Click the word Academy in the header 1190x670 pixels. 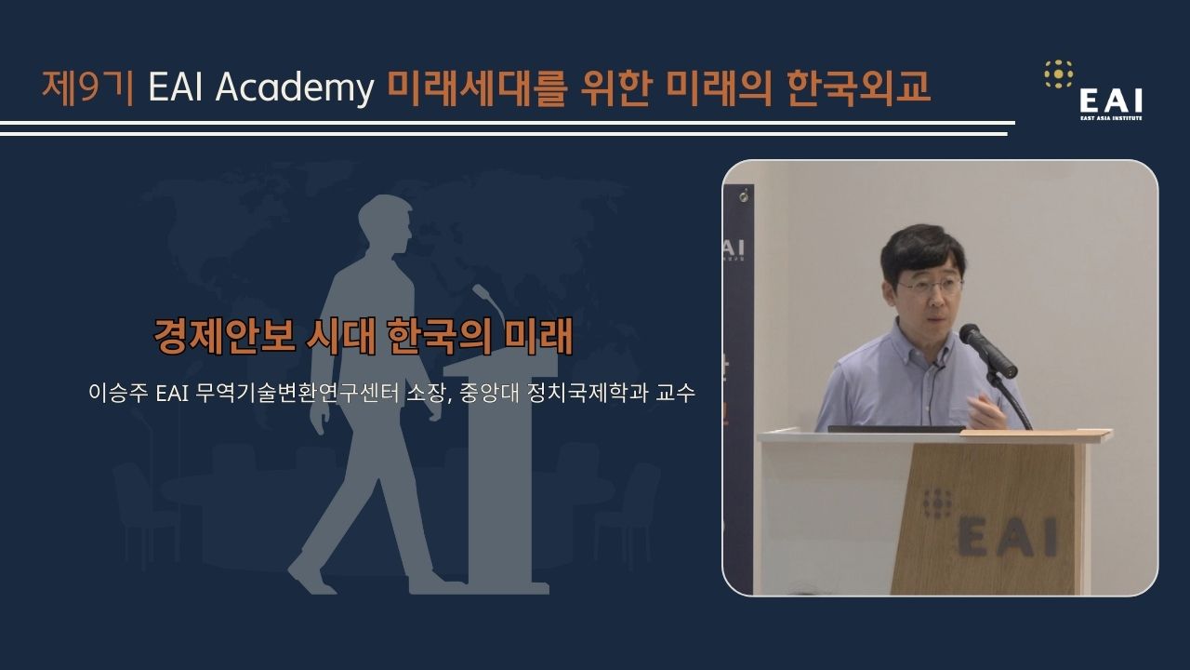(295, 87)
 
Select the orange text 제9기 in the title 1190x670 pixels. (87, 87)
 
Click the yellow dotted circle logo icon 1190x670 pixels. (1058, 74)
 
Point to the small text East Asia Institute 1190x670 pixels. (1111, 118)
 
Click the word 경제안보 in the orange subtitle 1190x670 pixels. (225, 336)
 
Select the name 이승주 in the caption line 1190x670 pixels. (118, 393)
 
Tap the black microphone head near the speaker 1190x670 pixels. (987, 351)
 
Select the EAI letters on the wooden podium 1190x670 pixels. (1008, 538)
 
